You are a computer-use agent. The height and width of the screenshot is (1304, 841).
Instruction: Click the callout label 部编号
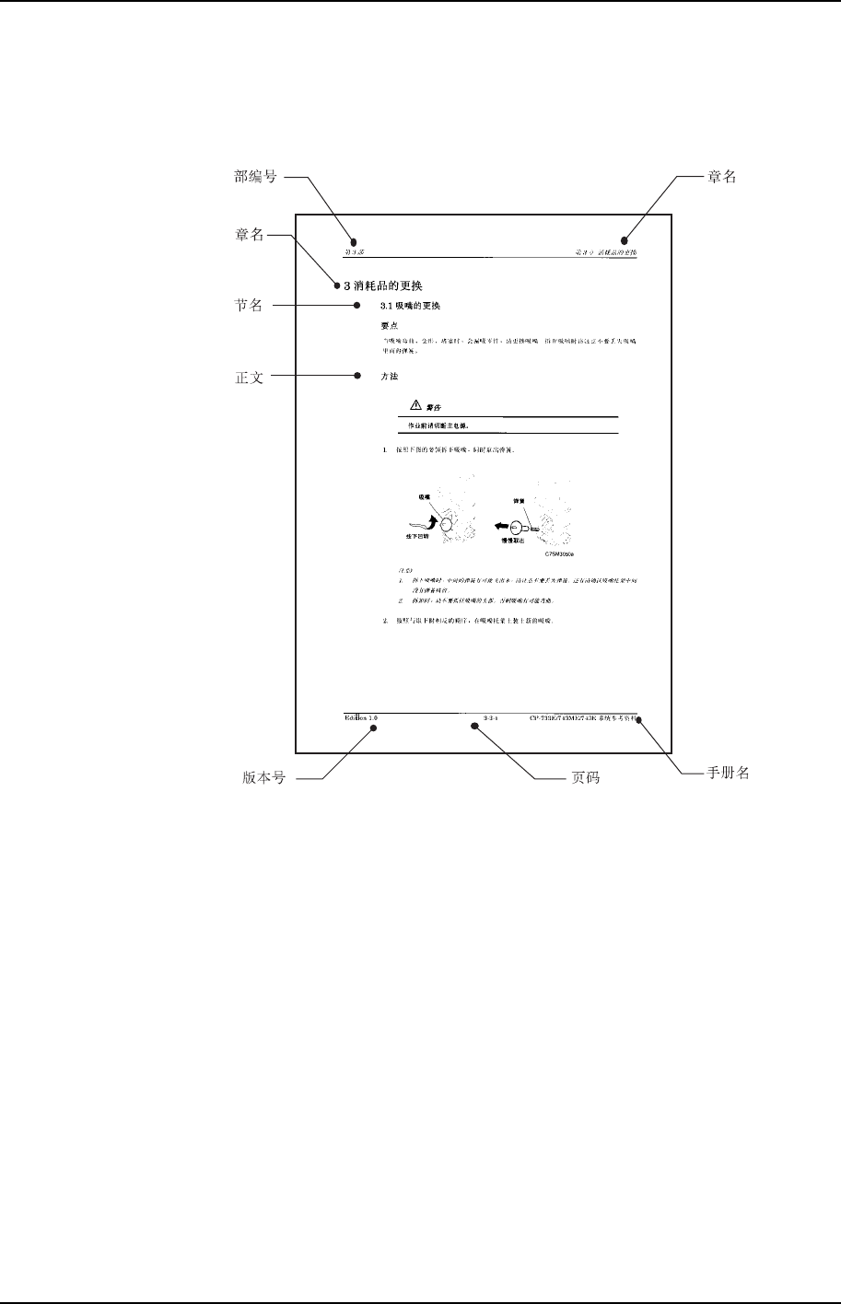(x=256, y=178)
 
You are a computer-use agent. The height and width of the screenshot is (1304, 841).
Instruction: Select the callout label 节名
(x=250, y=306)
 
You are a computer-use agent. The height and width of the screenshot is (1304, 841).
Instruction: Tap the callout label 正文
(x=250, y=377)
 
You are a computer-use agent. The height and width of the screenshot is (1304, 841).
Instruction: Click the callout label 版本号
(x=263, y=778)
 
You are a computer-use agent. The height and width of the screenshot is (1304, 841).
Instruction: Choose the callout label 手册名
(x=727, y=774)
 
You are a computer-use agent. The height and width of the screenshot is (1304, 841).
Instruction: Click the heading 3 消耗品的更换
(x=382, y=285)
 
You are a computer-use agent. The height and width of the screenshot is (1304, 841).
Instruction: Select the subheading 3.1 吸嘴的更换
(x=412, y=306)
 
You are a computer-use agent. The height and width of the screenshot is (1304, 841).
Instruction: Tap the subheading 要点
(x=390, y=325)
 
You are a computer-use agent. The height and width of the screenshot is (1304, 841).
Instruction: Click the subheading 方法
(x=390, y=377)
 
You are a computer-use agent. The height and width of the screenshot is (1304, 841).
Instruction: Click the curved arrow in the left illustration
(x=424, y=522)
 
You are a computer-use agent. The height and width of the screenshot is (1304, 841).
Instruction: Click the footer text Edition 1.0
(x=361, y=716)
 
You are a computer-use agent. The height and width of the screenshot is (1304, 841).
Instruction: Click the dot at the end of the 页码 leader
(x=475, y=727)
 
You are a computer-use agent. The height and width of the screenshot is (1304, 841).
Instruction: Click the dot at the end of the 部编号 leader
(x=351, y=241)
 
